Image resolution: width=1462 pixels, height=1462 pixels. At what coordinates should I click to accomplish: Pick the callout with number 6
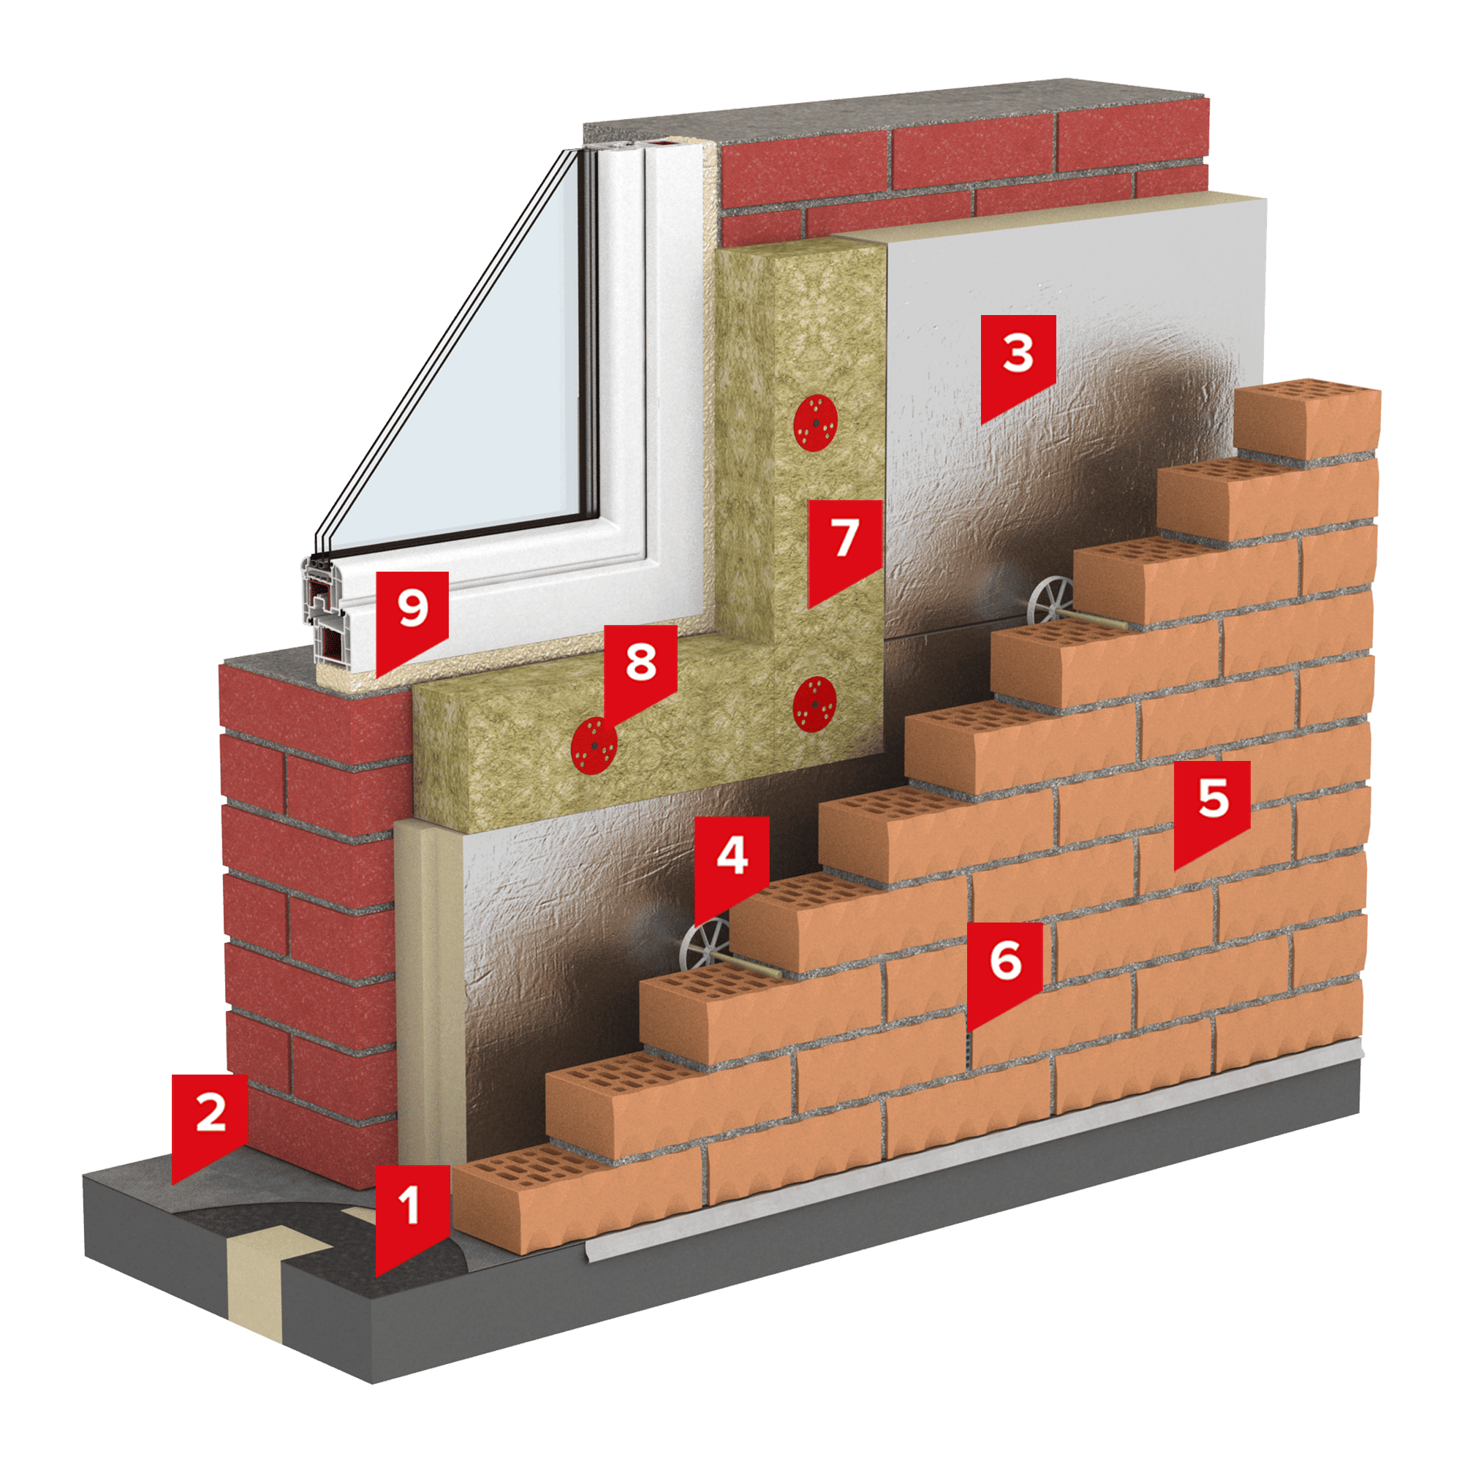[1004, 969]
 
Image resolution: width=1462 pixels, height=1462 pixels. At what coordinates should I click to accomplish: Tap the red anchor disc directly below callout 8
[594, 746]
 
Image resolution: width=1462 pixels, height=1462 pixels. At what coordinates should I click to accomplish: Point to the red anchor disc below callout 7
[814, 704]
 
